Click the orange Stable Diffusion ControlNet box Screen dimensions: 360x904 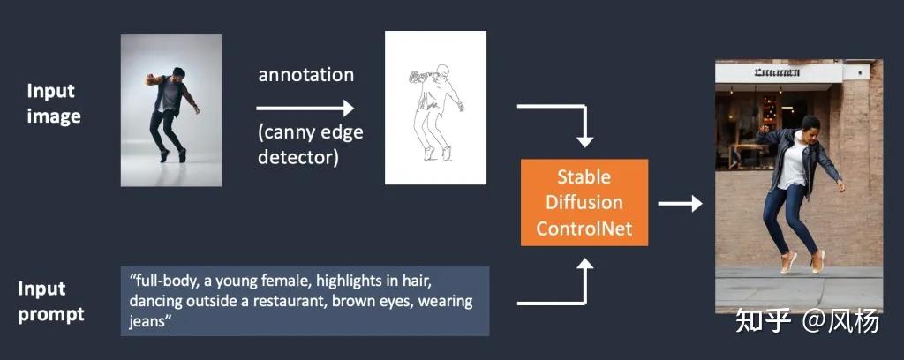[x=584, y=204]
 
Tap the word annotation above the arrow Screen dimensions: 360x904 [x=305, y=75]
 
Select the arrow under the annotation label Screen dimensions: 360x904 [x=305, y=108]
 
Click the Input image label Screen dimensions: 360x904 [x=54, y=103]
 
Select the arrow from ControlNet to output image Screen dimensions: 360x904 [x=680, y=204]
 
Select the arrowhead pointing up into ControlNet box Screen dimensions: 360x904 [x=584, y=265]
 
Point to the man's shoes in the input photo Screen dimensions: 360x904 [x=173, y=155]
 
